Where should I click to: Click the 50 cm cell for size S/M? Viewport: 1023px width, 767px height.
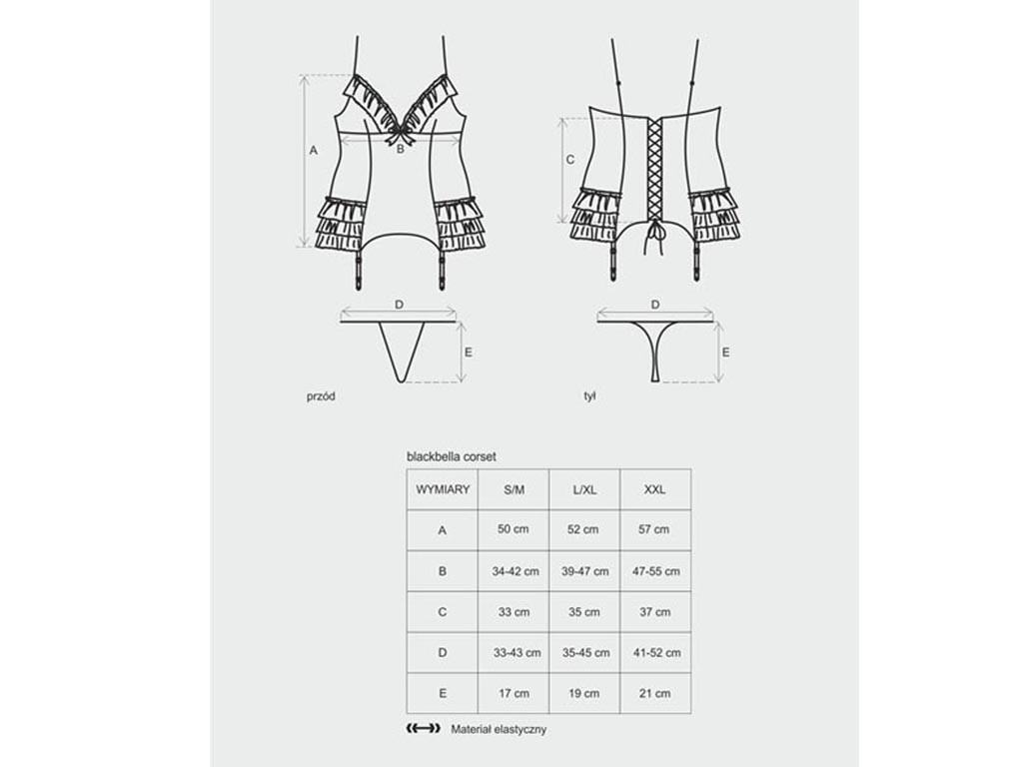512,529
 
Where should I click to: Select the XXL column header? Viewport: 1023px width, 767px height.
655,489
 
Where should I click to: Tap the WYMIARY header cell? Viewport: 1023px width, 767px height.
443,489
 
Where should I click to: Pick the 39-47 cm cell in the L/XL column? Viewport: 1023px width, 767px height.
584,571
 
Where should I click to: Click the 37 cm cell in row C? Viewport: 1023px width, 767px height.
655,612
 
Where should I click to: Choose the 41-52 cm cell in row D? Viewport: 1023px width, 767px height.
656,653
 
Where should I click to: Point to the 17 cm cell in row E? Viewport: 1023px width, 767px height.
513,693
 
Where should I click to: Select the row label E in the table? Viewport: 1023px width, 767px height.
443,693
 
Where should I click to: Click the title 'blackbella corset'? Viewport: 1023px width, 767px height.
451,456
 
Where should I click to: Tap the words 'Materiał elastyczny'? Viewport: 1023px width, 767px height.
499,729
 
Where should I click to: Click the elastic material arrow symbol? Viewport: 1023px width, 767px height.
423,728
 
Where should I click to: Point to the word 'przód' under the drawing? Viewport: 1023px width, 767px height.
321,396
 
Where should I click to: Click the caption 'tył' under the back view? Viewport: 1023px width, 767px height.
589,396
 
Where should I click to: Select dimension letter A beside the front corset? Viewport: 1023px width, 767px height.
313,151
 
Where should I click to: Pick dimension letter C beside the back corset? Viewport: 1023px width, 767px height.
570,160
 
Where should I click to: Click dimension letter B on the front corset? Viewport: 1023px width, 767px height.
401,150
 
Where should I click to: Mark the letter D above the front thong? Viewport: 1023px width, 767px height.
400,305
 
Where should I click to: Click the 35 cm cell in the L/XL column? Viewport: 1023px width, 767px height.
583,612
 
